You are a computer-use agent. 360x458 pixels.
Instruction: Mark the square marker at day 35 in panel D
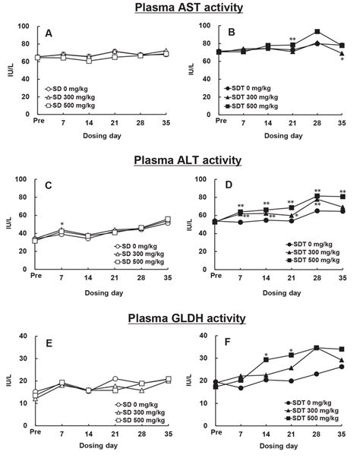pos(343,197)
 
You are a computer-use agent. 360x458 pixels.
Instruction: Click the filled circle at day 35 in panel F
pos(343,367)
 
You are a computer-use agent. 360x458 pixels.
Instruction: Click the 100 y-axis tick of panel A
pos(24,26)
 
